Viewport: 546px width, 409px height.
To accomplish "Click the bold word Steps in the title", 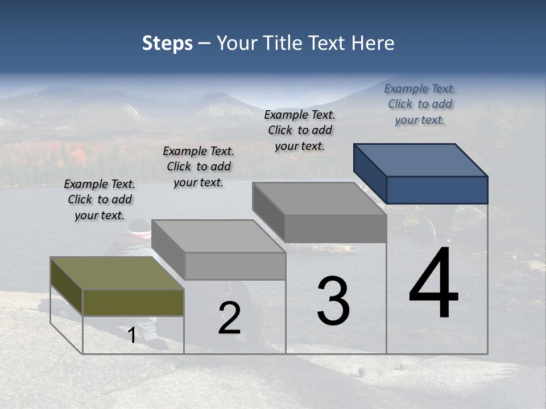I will coord(167,43).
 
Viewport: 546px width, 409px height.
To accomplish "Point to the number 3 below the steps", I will coord(333,301).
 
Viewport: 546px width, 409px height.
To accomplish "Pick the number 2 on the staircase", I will coord(229,318).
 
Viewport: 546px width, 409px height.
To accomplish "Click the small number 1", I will coord(132,336).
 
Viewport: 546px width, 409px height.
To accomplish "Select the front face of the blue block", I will coord(437,190).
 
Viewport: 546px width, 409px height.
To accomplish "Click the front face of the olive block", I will coord(133,302).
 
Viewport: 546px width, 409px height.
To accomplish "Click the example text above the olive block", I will coord(100,200).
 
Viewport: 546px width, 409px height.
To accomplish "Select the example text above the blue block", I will coord(420,104).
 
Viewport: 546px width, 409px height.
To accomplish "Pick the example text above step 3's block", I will coord(300,130).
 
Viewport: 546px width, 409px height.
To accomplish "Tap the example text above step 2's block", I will coord(198,166).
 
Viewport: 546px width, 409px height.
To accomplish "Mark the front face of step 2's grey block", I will coord(235,266).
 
